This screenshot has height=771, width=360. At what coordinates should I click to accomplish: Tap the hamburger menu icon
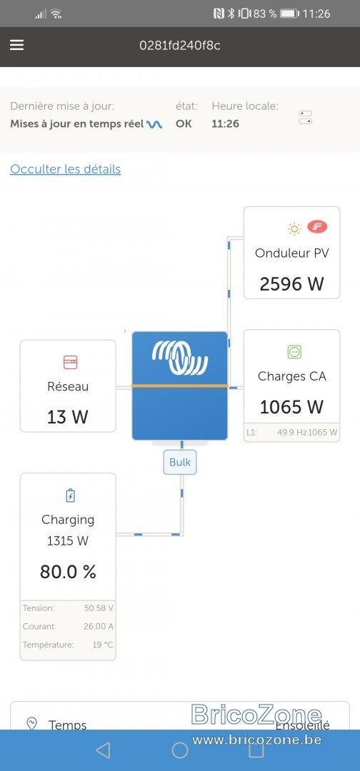pyautogui.click(x=16, y=45)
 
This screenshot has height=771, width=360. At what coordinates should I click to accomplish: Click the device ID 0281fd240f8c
pyautogui.click(x=180, y=45)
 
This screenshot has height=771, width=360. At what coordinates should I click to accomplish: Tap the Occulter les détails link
pyautogui.click(x=66, y=169)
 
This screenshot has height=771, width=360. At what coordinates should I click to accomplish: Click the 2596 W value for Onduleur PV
pyautogui.click(x=291, y=283)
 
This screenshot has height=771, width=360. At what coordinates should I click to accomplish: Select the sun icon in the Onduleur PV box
pyautogui.click(x=294, y=228)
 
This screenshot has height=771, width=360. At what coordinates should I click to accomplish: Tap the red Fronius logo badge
pyautogui.click(x=317, y=227)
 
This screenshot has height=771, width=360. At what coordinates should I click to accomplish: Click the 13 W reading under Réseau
pyautogui.click(x=68, y=417)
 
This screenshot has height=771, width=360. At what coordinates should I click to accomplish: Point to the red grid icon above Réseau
pyautogui.click(x=70, y=363)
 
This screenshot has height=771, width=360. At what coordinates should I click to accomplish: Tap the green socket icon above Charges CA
pyautogui.click(x=294, y=351)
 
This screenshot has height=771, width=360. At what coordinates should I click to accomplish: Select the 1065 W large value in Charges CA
pyautogui.click(x=291, y=407)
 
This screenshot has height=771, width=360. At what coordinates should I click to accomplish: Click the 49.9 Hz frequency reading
pyautogui.click(x=292, y=433)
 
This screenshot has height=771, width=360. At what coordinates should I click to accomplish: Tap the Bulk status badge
pyautogui.click(x=180, y=462)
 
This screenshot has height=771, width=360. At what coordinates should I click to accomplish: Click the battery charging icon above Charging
pyautogui.click(x=70, y=495)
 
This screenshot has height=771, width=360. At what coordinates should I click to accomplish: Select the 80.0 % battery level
pyautogui.click(x=68, y=572)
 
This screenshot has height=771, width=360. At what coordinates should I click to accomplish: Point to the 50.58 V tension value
pyautogui.click(x=99, y=608)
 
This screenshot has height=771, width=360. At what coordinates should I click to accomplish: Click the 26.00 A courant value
pyautogui.click(x=98, y=627)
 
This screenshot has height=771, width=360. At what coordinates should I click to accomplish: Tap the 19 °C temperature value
pyautogui.click(x=103, y=645)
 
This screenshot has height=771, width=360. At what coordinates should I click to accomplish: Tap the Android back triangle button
pyautogui.click(x=103, y=750)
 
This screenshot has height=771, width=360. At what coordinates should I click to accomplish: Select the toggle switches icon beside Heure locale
pyautogui.click(x=306, y=118)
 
